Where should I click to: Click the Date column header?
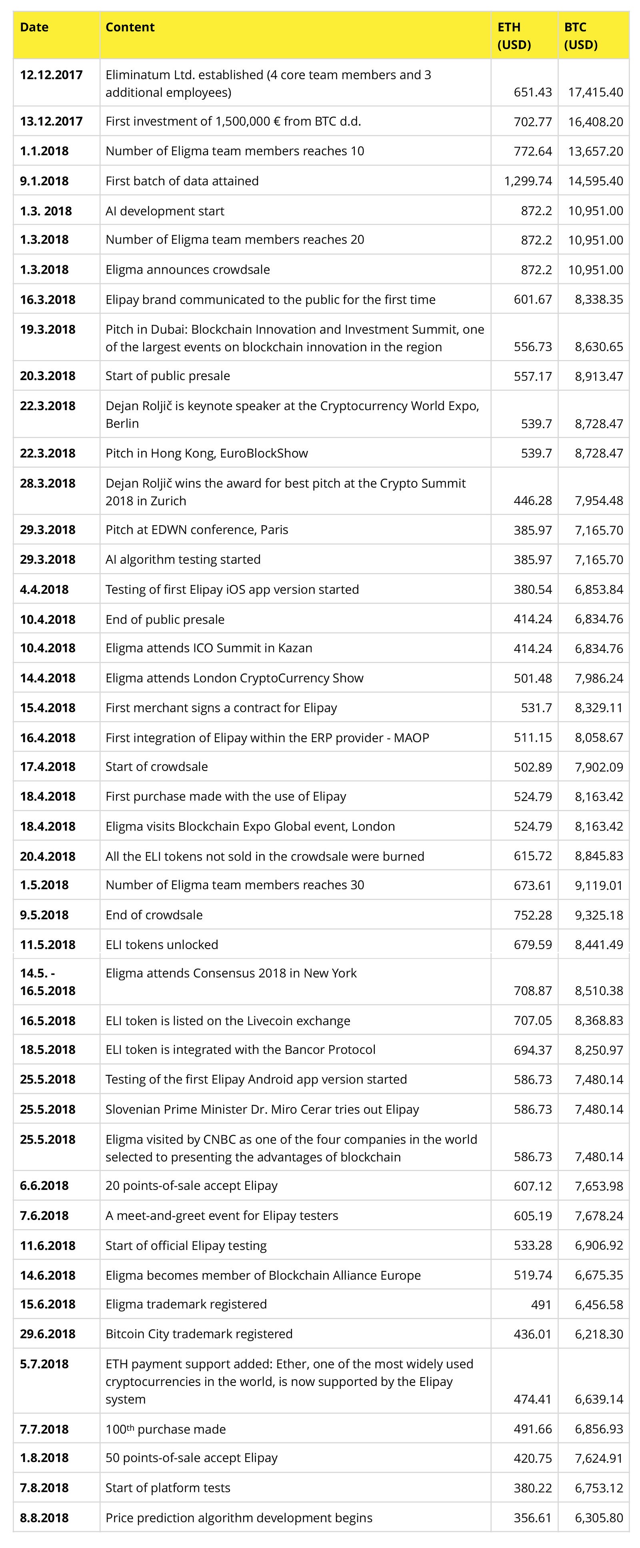34,27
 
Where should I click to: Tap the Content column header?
130,27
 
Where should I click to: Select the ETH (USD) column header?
514,36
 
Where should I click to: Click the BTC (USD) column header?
580,36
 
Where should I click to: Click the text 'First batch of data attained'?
182,181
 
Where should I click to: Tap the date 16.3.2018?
48,299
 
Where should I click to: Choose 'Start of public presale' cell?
168,376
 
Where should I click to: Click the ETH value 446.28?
532,500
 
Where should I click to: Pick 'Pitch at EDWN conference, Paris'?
196,529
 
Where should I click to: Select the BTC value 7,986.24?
598,678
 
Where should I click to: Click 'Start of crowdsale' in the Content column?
156,766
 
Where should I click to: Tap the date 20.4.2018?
48,856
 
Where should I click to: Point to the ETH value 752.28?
532,915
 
